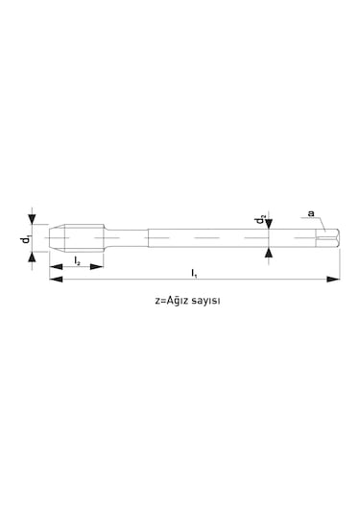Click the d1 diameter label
pyautogui.click(x=26, y=238)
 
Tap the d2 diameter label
pyautogui.click(x=260, y=219)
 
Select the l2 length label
pyautogui.click(x=77, y=261)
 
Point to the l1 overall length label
pyautogui.click(x=194, y=273)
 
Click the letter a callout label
pyautogui.click(x=311, y=213)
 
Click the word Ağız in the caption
pyautogui.click(x=178, y=301)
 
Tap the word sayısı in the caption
pyautogui.click(x=205, y=302)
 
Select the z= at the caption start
pyautogui.click(x=160, y=301)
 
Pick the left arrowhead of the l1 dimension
pyautogui.click(x=56, y=280)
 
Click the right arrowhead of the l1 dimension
pyautogui.click(x=333, y=280)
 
